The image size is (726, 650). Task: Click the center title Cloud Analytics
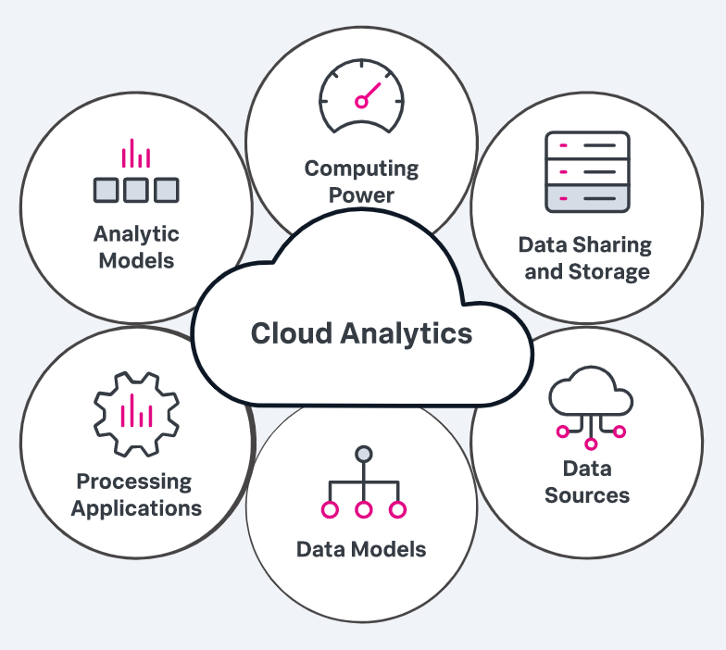(x=361, y=333)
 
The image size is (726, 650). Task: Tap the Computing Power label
(x=362, y=181)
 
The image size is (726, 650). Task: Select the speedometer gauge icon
(x=362, y=95)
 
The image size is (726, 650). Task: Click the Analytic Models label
(x=136, y=246)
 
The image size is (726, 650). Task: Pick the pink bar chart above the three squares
(x=136, y=154)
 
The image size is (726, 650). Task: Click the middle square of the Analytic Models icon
(x=136, y=190)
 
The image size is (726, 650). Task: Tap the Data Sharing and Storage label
(x=586, y=258)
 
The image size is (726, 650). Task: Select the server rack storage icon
(x=587, y=172)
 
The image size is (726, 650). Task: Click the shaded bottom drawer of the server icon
(x=587, y=197)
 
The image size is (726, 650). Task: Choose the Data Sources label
(x=587, y=481)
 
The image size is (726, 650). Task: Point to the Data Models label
(x=361, y=549)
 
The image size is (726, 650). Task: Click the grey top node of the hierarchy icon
(x=364, y=455)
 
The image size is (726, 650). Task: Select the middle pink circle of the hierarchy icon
(x=364, y=509)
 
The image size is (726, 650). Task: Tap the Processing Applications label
(x=136, y=494)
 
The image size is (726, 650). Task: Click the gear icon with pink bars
(x=136, y=413)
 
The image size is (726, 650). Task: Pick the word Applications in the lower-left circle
(x=136, y=508)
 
